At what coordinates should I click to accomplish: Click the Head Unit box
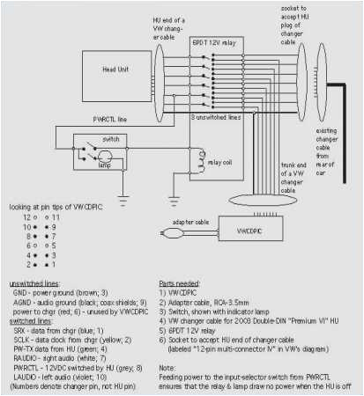114,67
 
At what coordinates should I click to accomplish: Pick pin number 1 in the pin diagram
56,264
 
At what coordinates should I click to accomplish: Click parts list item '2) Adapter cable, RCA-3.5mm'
230,299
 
